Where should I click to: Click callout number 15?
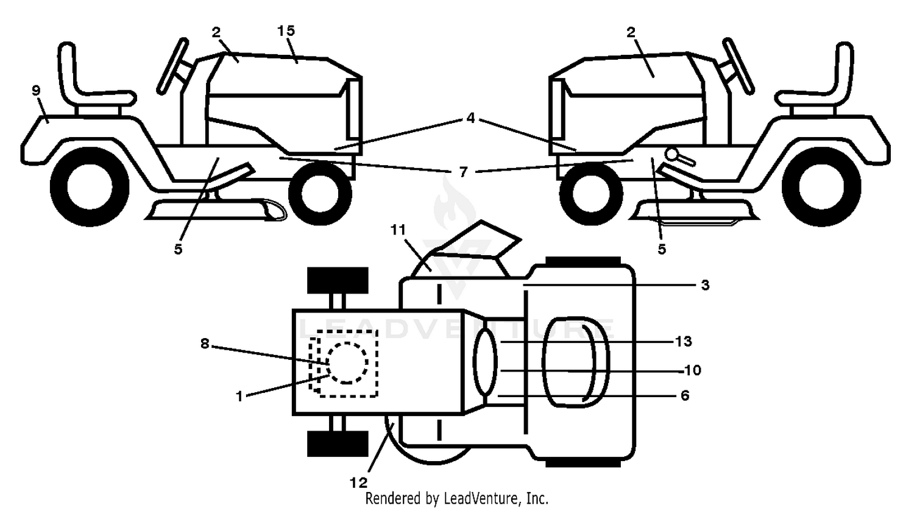click(286, 30)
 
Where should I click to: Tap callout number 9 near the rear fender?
click(37, 90)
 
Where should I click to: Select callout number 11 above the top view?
click(399, 230)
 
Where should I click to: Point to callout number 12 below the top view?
click(359, 483)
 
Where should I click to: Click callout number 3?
click(705, 285)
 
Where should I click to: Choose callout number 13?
click(684, 341)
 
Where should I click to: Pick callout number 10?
click(692, 370)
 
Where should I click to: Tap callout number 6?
click(685, 395)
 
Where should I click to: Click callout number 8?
click(205, 344)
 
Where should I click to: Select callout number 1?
click(239, 396)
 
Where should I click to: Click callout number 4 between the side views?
click(471, 118)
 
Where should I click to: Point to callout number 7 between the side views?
click(462, 172)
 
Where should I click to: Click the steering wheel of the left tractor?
click(172, 65)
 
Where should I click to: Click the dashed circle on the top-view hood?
click(347, 363)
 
